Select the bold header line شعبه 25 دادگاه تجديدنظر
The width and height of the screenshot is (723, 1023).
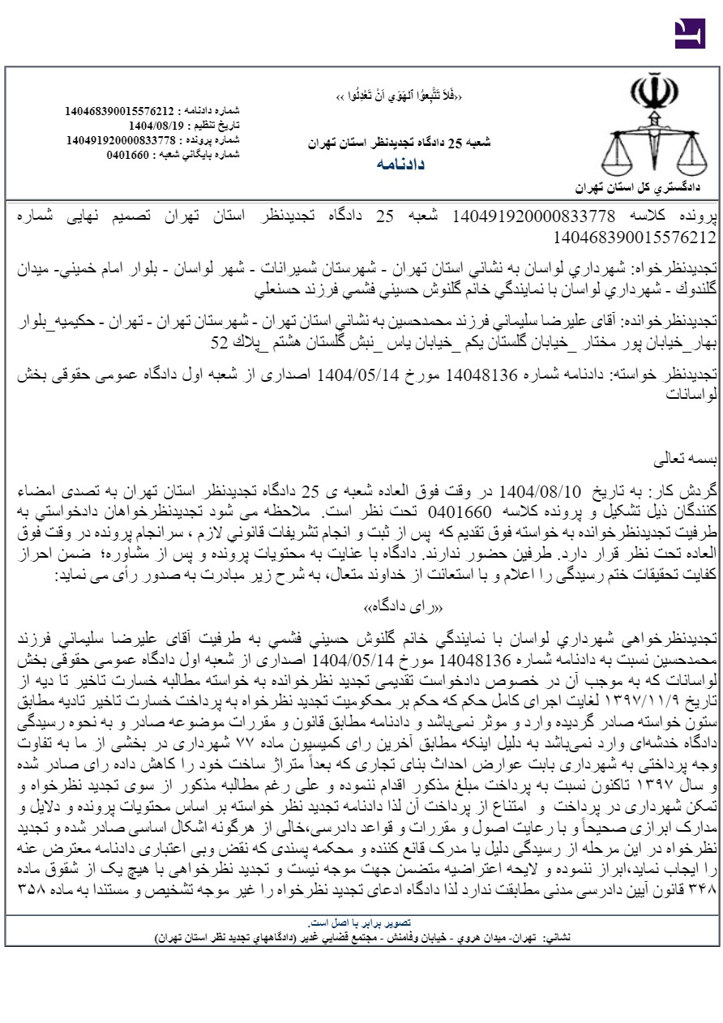(x=400, y=143)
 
